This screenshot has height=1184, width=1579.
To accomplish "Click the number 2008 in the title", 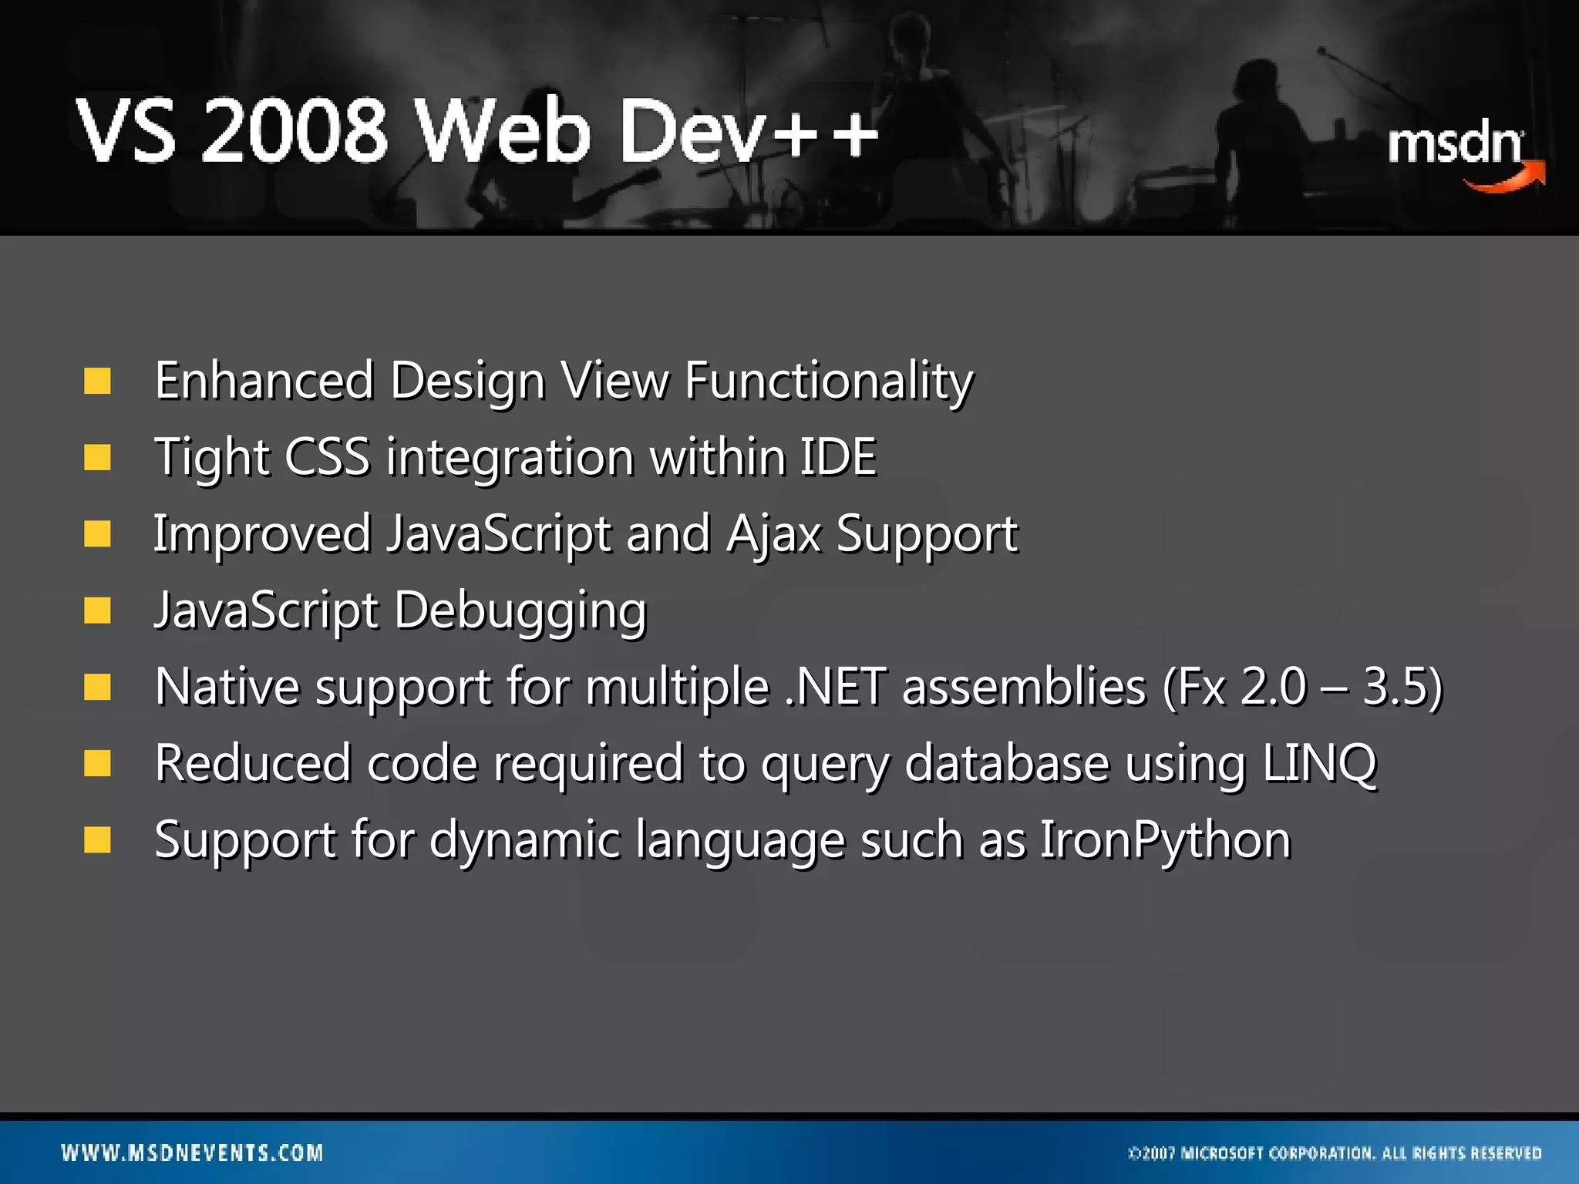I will (x=294, y=131).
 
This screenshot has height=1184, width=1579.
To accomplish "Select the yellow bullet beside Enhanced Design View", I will (x=98, y=381).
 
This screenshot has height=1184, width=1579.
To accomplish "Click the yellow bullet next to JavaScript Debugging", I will (x=98, y=610).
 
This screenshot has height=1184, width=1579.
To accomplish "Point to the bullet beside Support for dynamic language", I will (x=98, y=840).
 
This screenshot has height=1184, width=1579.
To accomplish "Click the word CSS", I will (x=327, y=456).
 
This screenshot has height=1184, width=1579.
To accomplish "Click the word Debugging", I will (x=520, y=610).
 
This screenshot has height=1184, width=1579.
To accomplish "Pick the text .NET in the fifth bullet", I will (x=836, y=686).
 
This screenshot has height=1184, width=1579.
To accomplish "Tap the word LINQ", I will (x=1319, y=763).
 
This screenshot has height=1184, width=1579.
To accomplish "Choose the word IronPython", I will (x=1165, y=839).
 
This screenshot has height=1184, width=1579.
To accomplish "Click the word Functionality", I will (x=829, y=381).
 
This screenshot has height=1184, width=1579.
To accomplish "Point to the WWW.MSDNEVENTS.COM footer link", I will (x=193, y=1153).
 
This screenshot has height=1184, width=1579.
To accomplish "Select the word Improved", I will (x=262, y=533).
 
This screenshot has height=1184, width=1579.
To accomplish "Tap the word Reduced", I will (x=252, y=763).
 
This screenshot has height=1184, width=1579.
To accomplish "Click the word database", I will (x=1006, y=763).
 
